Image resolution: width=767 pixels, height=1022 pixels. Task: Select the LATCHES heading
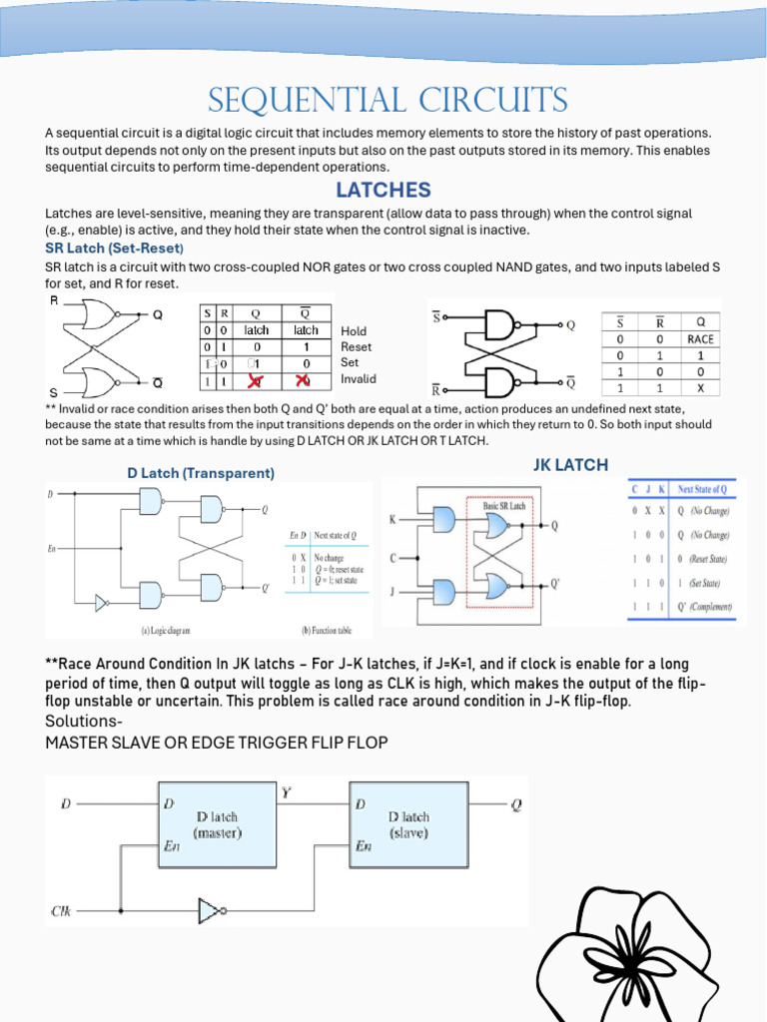(383, 190)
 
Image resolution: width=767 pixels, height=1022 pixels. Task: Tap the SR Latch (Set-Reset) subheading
(114, 248)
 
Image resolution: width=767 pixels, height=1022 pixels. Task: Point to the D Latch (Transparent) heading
(201, 473)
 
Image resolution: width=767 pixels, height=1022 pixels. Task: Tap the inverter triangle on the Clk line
(211, 910)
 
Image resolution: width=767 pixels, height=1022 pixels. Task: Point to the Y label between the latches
(286, 794)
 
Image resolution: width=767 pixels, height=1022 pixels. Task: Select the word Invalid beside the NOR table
(360, 379)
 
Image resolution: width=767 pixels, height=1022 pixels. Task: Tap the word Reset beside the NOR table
(356, 347)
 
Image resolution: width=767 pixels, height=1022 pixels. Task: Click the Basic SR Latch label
(504, 506)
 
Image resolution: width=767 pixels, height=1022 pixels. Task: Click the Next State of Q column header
(703, 489)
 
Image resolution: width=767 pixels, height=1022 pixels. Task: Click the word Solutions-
(84, 722)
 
